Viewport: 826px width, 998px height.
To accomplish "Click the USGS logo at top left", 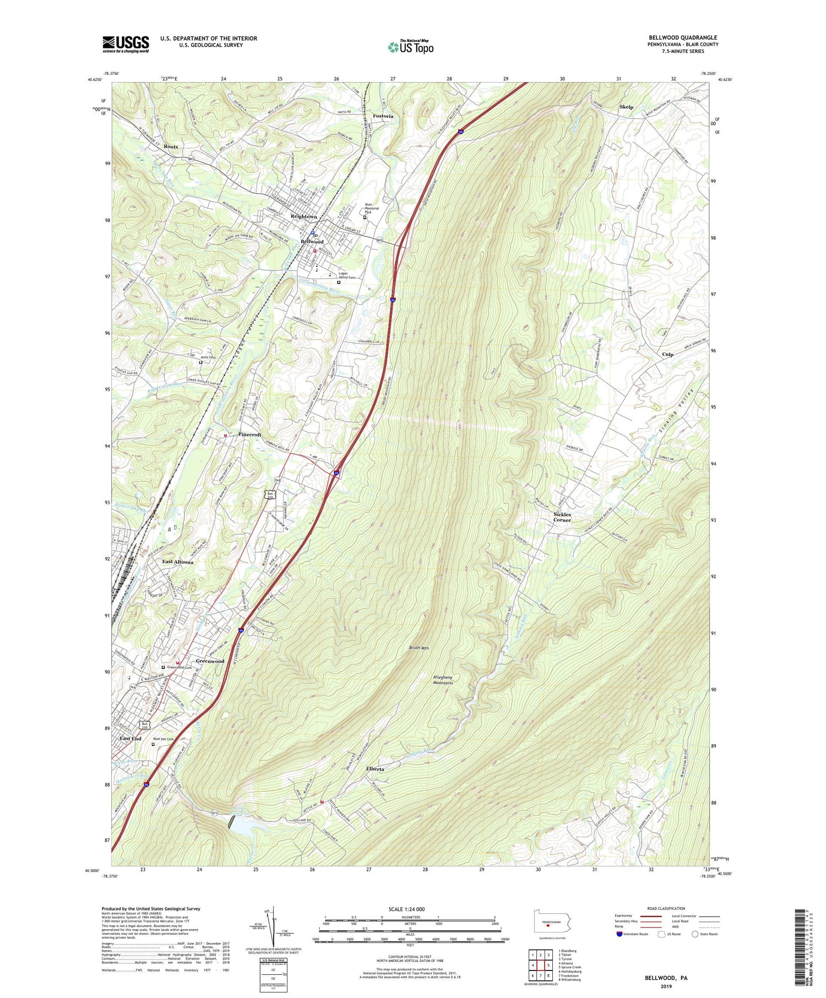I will click(x=126, y=44).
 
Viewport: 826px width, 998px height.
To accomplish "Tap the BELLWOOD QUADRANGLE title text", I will click(x=683, y=38).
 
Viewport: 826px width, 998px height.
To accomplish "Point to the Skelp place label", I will click(x=626, y=107).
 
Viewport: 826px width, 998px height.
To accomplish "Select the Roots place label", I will click(x=171, y=147).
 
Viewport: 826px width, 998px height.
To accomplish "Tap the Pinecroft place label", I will click(x=249, y=434).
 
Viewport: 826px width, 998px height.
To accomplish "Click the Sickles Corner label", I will click(x=562, y=517).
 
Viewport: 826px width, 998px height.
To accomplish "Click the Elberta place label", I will click(x=375, y=768).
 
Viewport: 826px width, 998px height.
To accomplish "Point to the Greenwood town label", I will click(x=210, y=661).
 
